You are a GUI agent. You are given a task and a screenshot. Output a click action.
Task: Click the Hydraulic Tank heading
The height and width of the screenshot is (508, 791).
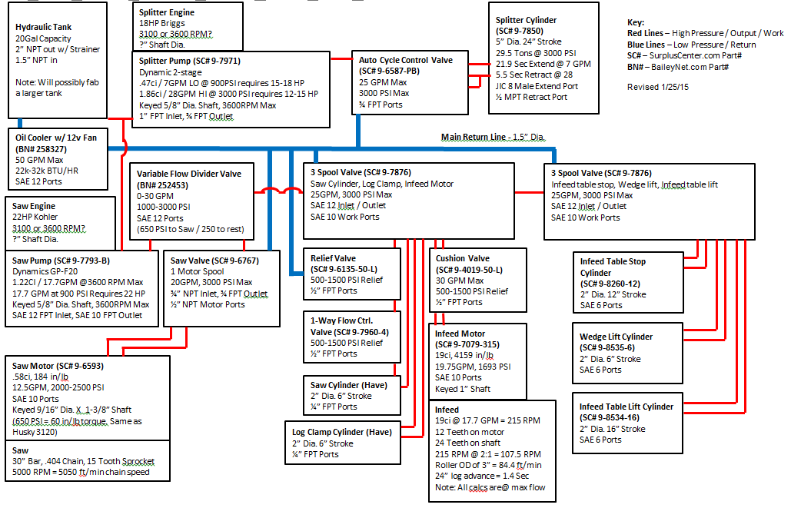pos(44,27)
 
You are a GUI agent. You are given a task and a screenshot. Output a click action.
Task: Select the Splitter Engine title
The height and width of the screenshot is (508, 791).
pos(167,13)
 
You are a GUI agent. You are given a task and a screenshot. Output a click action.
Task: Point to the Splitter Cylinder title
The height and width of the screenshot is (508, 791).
pos(527,20)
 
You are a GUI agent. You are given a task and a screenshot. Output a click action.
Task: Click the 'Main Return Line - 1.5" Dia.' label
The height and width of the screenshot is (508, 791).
pos(493,137)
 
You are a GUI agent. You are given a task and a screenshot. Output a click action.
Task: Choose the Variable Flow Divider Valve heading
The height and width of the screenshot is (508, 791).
pos(188,174)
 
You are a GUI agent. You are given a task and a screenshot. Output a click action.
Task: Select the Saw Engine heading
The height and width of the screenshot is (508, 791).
pos(35,207)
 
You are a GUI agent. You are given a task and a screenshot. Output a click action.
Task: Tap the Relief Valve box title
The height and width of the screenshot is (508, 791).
pos(334,259)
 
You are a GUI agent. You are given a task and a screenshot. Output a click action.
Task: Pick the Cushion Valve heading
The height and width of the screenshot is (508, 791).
pos(463,259)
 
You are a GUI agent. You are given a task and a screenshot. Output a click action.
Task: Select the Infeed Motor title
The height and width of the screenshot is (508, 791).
pos(460,334)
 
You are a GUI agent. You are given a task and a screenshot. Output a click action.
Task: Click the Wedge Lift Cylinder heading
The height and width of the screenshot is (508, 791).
pos(617,337)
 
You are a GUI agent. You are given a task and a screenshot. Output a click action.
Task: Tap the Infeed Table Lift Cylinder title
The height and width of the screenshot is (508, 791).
pos(626,407)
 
